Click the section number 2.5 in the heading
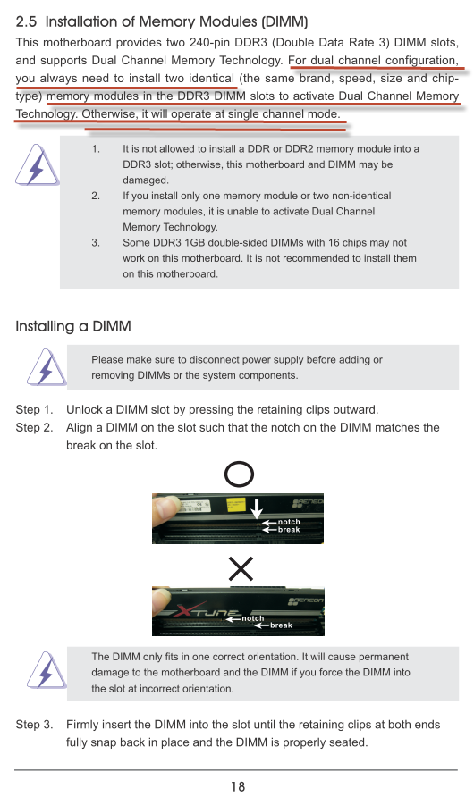pyautogui.click(x=26, y=21)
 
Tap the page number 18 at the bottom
pyautogui.click(x=238, y=786)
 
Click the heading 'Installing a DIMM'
pyautogui.click(x=73, y=326)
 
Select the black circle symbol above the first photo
pyautogui.click(x=239, y=474)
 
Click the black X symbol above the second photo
pyautogui.click(x=241, y=569)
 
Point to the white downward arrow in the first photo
pyautogui.click(x=257, y=508)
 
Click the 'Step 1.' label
pyautogui.click(x=34, y=410)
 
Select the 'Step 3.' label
pyautogui.click(x=34, y=725)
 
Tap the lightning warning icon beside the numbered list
pyautogui.click(x=37, y=165)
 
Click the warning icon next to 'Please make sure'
pyautogui.click(x=47, y=367)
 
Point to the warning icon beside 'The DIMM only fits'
pyautogui.click(x=47, y=670)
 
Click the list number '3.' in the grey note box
pyautogui.click(x=96, y=242)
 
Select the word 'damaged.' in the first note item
pyautogui.click(x=146, y=180)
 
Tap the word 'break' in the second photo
pyautogui.click(x=281, y=625)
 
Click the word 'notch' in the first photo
pyautogui.click(x=289, y=522)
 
